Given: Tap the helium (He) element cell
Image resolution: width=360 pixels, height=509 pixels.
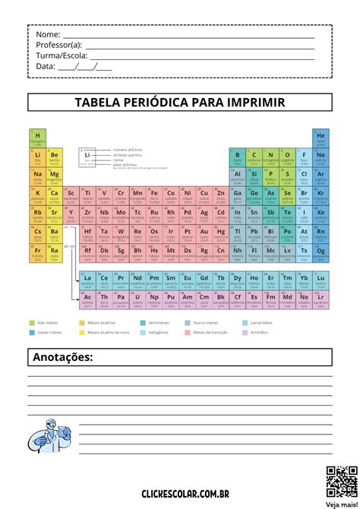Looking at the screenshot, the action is pyautogui.click(x=321, y=138).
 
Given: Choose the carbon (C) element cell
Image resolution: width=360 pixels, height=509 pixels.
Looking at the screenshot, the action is pyautogui.click(x=254, y=156).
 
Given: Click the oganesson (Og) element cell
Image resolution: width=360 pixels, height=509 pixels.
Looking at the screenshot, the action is pyautogui.click(x=321, y=251).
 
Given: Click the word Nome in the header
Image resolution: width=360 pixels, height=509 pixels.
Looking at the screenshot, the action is pyautogui.click(x=47, y=35).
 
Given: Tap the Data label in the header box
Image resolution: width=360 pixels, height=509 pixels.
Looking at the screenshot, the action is pyautogui.click(x=46, y=66).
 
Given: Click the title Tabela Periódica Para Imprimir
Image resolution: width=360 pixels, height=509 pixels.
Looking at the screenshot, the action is pyautogui.click(x=180, y=102).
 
